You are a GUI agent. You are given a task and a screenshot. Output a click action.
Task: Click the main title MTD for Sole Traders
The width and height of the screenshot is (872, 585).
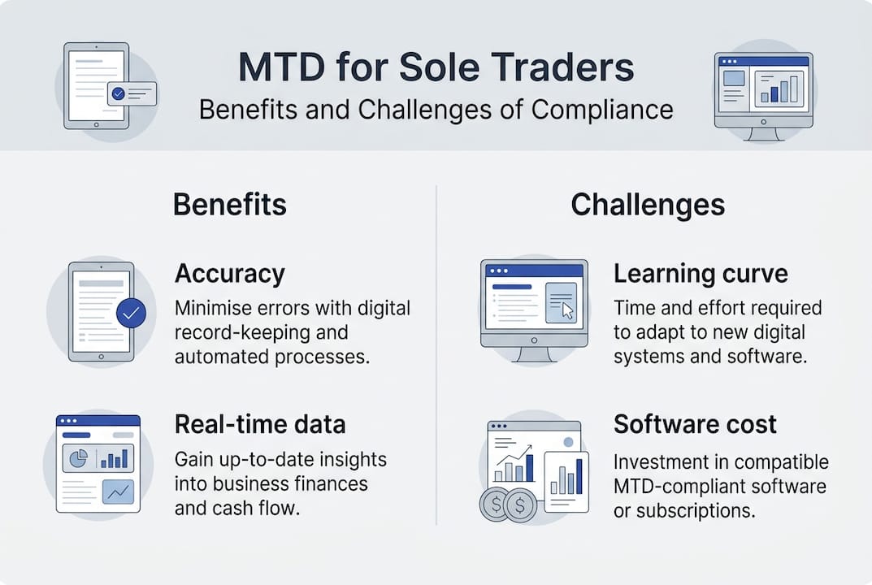tap(436, 68)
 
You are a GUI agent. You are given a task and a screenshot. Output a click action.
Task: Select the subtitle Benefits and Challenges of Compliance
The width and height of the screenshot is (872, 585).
tap(436, 110)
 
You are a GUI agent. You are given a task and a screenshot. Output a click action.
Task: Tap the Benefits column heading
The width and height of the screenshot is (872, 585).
tap(230, 205)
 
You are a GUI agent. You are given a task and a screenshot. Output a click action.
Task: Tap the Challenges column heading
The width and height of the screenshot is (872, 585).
tap(648, 205)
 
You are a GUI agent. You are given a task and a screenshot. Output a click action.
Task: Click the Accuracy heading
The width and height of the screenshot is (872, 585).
tap(230, 274)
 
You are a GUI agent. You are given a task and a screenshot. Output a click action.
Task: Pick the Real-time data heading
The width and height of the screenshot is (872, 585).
tap(260, 423)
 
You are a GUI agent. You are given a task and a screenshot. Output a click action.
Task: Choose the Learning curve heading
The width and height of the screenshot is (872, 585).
tap(701, 274)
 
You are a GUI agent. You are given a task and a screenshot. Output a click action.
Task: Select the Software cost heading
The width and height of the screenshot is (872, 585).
tap(695, 423)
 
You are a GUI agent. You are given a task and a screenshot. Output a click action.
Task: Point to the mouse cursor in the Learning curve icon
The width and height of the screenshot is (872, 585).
tap(567, 310)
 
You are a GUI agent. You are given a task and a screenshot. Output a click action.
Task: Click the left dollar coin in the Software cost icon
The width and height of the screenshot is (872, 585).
tap(494, 505)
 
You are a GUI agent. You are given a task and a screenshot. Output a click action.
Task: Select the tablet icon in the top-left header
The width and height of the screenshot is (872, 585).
tap(97, 85)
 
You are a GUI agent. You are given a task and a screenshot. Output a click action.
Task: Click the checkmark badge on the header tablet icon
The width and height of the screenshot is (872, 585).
tap(119, 93)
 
